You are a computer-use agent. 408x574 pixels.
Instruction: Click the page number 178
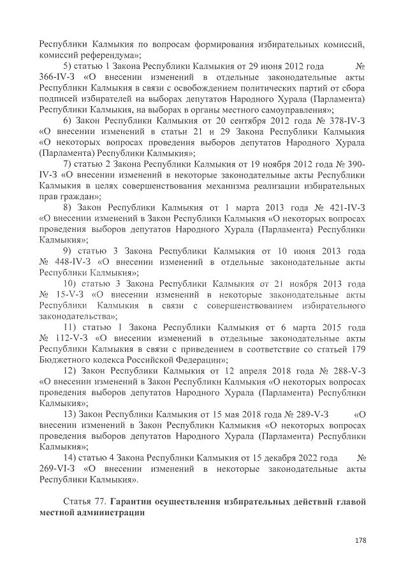click(360, 540)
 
